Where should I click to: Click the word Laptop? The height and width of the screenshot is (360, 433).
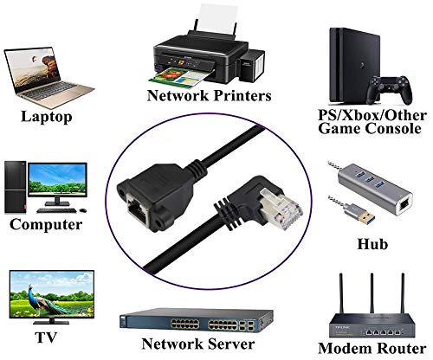(x=47, y=117)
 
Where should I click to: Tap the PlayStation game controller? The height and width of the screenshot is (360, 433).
(x=390, y=90)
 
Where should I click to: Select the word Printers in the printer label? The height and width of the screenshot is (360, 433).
(x=241, y=96)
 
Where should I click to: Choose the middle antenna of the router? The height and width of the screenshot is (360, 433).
(x=372, y=292)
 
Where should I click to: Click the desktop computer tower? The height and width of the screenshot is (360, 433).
(x=16, y=188)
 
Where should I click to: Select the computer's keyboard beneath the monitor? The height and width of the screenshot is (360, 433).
(x=56, y=210)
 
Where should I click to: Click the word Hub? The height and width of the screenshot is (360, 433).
(x=372, y=244)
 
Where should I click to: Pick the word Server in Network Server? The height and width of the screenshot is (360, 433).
(x=231, y=344)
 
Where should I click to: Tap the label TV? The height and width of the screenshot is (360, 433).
(x=46, y=337)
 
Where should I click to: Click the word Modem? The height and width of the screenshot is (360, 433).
(x=342, y=349)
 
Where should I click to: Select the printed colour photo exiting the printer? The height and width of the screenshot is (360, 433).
(x=180, y=76)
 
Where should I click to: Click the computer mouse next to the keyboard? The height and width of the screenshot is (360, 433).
(x=83, y=210)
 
